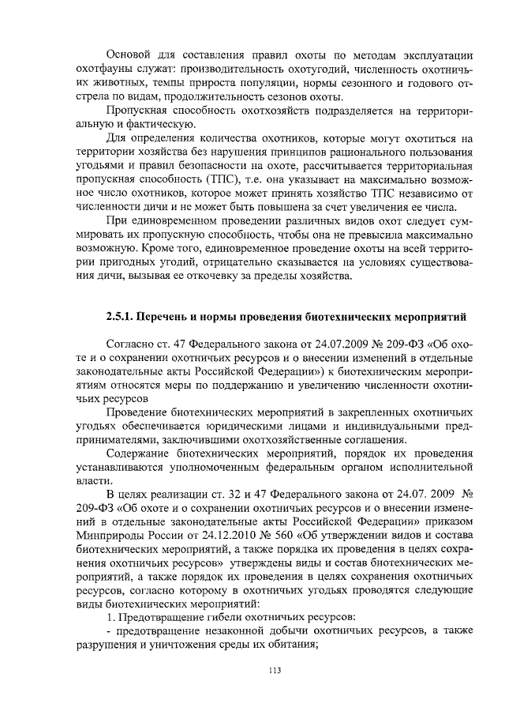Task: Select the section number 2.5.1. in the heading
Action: [x=122, y=317]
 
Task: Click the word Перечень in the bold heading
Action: [x=168, y=317]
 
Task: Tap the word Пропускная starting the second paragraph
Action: [x=139, y=111]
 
